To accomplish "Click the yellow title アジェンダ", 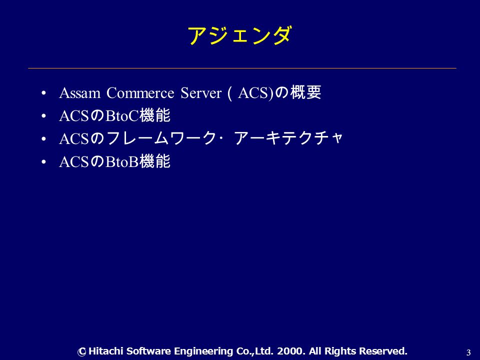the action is pyautogui.click(x=239, y=35).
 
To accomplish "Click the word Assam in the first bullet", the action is pyautogui.click(x=80, y=93).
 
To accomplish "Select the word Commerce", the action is pyautogui.click(x=140, y=93).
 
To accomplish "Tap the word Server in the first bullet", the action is pyautogui.click(x=201, y=93).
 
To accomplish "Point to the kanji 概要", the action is pyautogui.click(x=305, y=92).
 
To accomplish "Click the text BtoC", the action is pyautogui.click(x=122, y=116).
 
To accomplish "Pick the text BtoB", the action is pyautogui.click(x=122, y=162).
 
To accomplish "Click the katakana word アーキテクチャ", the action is pyautogui.click(x=288, y=138).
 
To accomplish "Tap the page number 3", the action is pyautogui.click(x=468, y=352).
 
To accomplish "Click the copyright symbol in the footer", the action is pyautogui.click(x=81, y=351).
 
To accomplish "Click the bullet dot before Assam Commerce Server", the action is pyautogui.click(x=44, y=93).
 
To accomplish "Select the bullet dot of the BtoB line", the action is pyautogui.click(x=44, y=161).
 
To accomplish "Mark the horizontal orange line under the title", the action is pyautogui.click(x=242, y=68).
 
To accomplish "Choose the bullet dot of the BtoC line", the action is pyautogui.click(x=44, y=116).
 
